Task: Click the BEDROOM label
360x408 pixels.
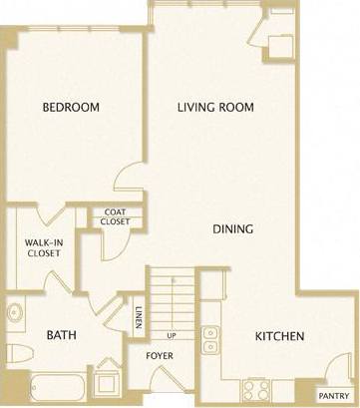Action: click(70, 107)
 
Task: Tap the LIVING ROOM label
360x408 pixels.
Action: click(215, 107)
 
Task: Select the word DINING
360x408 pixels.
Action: click(232, 228)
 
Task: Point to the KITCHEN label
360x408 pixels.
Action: click(278, 336)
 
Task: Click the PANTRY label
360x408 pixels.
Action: click(333, 393)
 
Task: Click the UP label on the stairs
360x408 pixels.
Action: click(172, 335)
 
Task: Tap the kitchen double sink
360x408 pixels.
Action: click(209, 340)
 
